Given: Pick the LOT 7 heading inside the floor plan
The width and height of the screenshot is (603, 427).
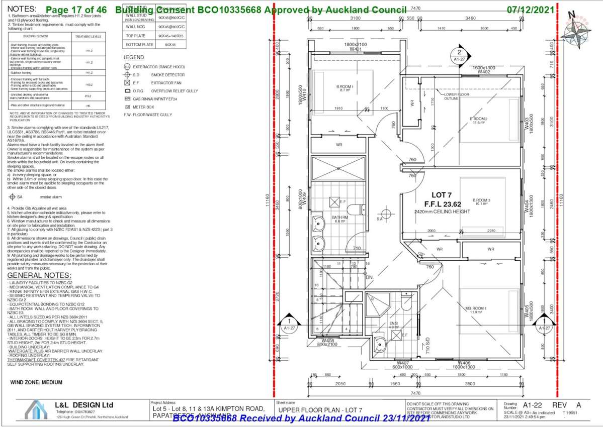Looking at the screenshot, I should coord(442,195).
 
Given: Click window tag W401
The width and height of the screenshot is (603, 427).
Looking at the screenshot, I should coord(356,49).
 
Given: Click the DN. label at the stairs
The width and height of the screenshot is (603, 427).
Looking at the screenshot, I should coord(369,277).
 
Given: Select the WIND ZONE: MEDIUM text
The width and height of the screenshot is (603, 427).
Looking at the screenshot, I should coord(36,382).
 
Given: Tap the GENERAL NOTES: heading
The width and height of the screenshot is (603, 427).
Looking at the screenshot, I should coord(39,276).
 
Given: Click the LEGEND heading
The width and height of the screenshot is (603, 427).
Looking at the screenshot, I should coord(134,57).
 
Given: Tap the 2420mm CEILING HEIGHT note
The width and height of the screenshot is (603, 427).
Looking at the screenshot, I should coord(442,211).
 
